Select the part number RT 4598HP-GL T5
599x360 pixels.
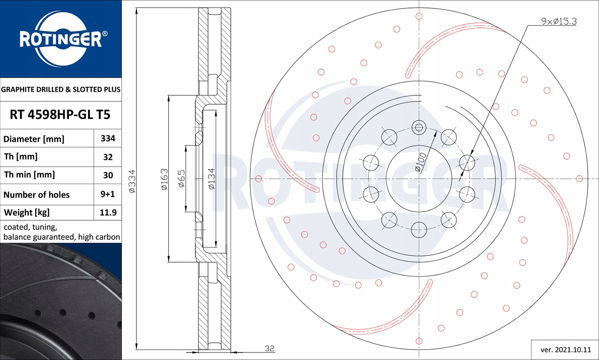click(60, 115)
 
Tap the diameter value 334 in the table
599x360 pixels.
click(108, 138)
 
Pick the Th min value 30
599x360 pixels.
click(108, 175)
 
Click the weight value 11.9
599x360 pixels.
click(108, 212)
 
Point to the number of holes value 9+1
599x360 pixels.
click(107, 194)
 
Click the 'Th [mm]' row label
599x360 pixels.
click(21, 156)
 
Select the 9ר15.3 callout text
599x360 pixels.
click(559, 21)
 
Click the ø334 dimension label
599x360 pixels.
click(132, 181)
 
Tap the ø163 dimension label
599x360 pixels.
click(164, 179)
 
